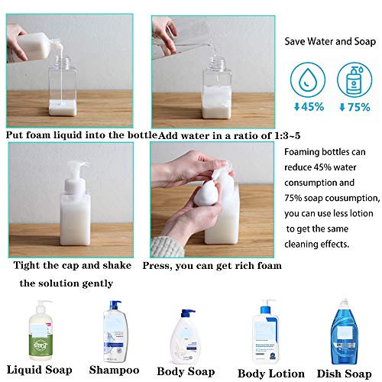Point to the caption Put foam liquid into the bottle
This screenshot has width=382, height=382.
point(80,134)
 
